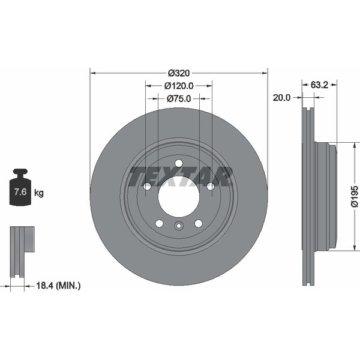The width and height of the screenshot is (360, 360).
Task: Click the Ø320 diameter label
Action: point(179,73)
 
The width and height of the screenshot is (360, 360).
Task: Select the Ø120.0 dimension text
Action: point(179,86)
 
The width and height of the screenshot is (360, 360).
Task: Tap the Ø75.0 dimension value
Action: point(179,99)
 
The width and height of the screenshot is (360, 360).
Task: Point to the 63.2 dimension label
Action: point(319,85)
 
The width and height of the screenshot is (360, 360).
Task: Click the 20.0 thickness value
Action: point(282,98)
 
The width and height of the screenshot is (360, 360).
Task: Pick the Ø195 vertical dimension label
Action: point(355,197)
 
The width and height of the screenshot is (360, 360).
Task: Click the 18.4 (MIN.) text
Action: point(58,286)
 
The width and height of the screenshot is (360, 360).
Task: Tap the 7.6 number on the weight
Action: point(20,191)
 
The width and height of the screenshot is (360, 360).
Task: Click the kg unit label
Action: point(39,193)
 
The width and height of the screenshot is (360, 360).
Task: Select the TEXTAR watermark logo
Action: point(181,176)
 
